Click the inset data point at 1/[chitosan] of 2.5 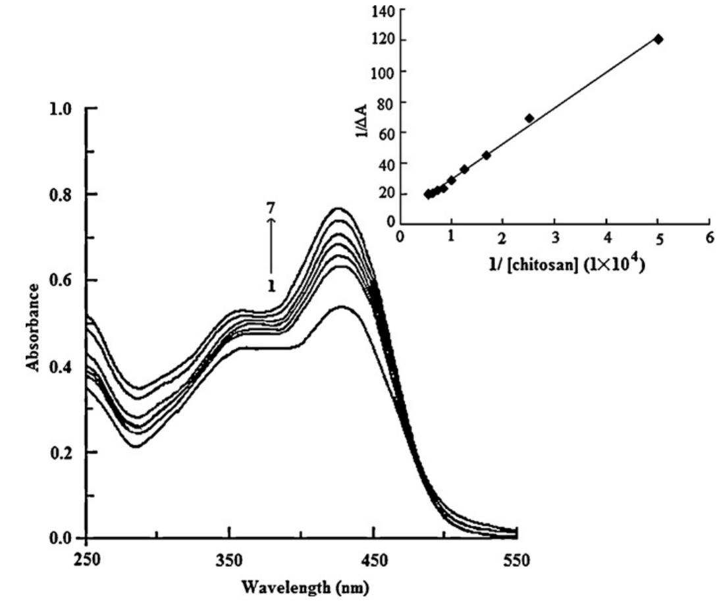(529, 118)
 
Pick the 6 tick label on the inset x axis (710, 239)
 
